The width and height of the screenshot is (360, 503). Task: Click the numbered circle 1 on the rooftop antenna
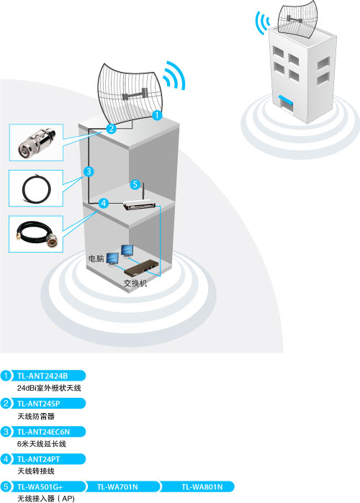point(156,115)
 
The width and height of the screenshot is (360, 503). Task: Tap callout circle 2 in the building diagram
point(111,128)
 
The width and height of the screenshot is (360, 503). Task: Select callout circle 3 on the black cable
point(89,171)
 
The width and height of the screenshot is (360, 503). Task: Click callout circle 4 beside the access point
point(103,203)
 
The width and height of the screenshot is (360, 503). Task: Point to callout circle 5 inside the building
point(135,184)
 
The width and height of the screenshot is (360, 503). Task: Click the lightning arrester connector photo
point(36,142)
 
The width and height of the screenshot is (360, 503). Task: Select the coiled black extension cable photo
point(36,189)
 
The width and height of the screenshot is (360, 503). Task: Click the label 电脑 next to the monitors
point(96,258)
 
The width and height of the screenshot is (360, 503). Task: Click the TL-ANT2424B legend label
point(42,376)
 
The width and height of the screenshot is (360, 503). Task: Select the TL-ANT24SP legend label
point(38,404)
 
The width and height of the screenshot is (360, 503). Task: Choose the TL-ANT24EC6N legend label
point(43,432)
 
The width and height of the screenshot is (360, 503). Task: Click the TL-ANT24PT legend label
point(38,459)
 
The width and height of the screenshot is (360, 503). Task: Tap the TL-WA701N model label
point(117,487)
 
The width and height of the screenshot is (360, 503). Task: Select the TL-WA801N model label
point(202,487)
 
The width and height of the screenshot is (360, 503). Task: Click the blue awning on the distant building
point(286,100)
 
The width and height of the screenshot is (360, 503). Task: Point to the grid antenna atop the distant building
point(297,19)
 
